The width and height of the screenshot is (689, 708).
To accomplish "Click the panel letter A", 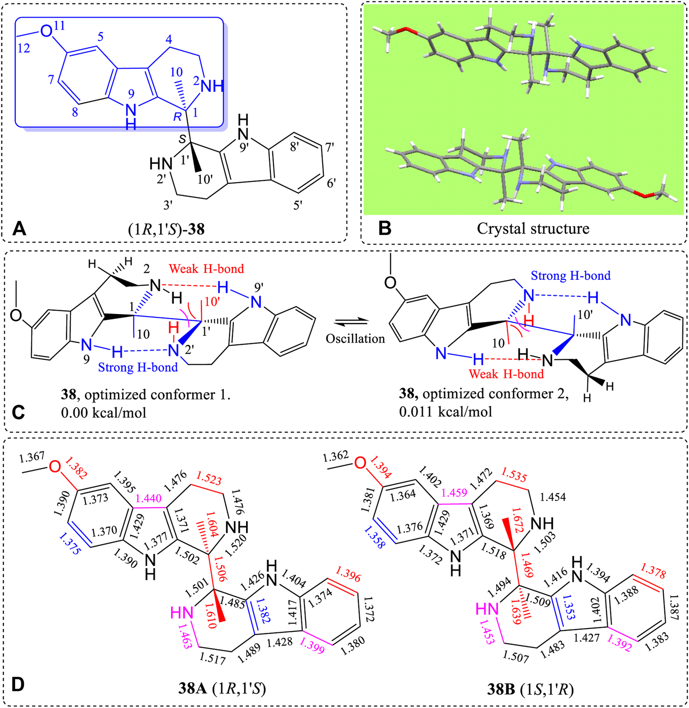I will point(19,229).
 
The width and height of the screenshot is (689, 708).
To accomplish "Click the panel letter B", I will point(384,229).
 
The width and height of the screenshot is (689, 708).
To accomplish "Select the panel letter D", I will point(18,685).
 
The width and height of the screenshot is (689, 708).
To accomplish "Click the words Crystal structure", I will point(533,229).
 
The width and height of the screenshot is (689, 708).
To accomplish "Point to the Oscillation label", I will point(355,339).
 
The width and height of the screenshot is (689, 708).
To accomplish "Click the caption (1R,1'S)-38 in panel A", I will point(166,229).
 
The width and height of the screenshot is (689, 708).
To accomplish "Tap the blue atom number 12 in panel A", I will point(24,48).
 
